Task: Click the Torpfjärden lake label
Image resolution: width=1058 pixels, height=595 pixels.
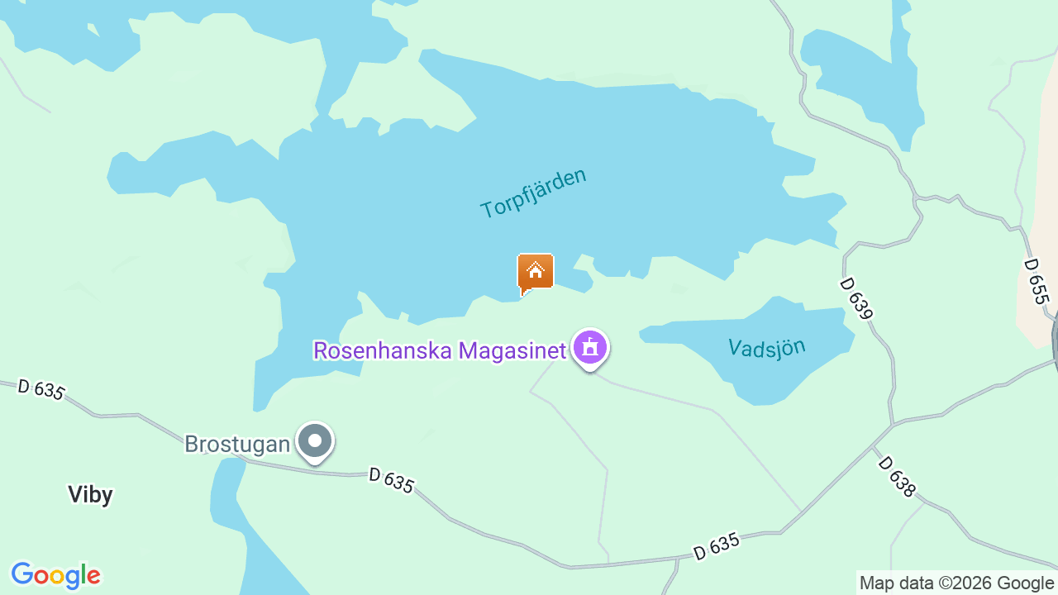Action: pos(533,193)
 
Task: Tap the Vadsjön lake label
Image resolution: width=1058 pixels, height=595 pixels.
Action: pos(766,347)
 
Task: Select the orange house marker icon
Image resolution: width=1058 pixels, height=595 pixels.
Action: pos(536,272)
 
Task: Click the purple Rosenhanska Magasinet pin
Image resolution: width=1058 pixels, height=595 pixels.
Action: pos(589,348)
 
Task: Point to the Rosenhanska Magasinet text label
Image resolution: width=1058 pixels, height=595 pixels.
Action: pos(439,350)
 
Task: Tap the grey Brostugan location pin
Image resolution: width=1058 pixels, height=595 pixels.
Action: pos(315,440)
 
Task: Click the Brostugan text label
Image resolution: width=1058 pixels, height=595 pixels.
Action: pos(237,445)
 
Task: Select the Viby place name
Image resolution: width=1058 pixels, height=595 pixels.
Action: pos(90,495)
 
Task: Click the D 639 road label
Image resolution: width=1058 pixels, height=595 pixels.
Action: pos(856,298)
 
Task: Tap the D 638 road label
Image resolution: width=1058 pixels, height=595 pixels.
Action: pos(897,477)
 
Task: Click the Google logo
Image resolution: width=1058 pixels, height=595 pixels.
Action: pos(55,575)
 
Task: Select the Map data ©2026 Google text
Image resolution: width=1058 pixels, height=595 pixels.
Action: pos(957,583)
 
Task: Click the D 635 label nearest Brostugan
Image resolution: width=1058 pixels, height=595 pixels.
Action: pos(391,480)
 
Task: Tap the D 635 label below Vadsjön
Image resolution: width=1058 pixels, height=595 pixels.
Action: pos(716,546)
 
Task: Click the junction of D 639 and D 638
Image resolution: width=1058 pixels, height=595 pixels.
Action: pos(893,425)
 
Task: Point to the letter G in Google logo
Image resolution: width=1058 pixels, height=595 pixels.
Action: pos(22,574)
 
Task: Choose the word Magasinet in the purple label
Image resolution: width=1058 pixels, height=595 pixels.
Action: pos(512,350)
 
